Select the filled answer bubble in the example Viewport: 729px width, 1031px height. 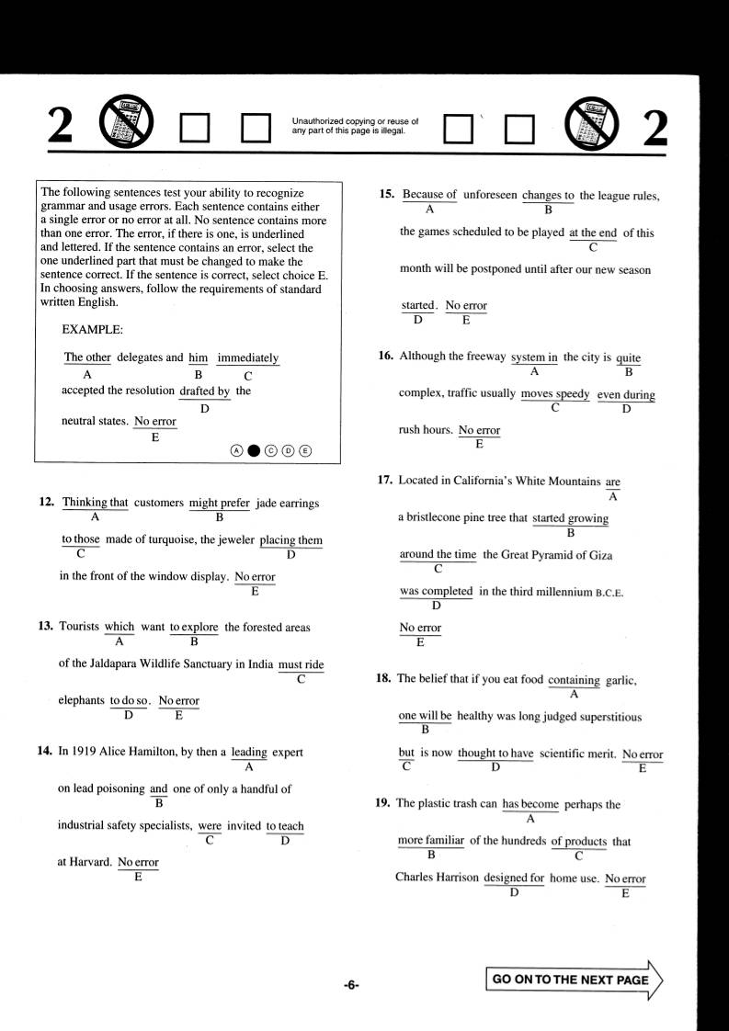[x=254, y=450]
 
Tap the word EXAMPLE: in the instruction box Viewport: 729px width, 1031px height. [x=92, y=329]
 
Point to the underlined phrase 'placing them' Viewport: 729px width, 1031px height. [x=290, y=540]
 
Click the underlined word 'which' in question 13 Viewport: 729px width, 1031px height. [x=120, y=628]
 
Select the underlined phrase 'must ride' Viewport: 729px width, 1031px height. [x=301, y=664]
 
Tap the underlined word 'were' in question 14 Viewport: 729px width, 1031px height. [x=210, y=826]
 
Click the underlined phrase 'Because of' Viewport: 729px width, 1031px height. [x=429, y=195]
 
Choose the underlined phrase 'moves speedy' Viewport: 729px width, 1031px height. [x=554, y=394]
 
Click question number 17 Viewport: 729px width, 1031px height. [x=384, y=481]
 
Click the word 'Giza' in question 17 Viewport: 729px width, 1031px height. [x=599, y=555]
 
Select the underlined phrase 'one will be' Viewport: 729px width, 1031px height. [x=425, y=716]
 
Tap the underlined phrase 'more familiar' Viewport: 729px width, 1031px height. [x=430, y=841]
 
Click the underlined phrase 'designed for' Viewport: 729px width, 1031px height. [x=514, y=878]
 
